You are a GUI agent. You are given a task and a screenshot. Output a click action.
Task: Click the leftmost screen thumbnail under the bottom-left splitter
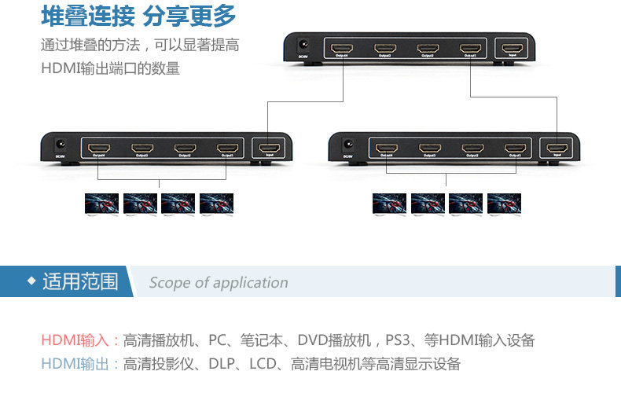[x=101, y=204]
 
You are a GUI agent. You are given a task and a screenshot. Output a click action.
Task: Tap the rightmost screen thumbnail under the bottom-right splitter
[x=504, y=204]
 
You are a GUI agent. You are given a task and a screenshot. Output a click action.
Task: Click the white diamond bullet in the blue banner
[x=31, y=281]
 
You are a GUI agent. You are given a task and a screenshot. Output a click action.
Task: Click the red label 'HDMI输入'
[x=76, y=340]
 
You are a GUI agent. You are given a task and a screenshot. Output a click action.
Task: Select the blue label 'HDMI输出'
[x=76, y=364]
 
